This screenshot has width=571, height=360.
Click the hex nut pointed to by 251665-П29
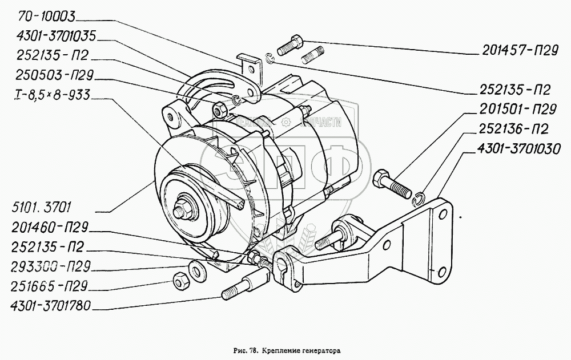(x=178, y=281)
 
